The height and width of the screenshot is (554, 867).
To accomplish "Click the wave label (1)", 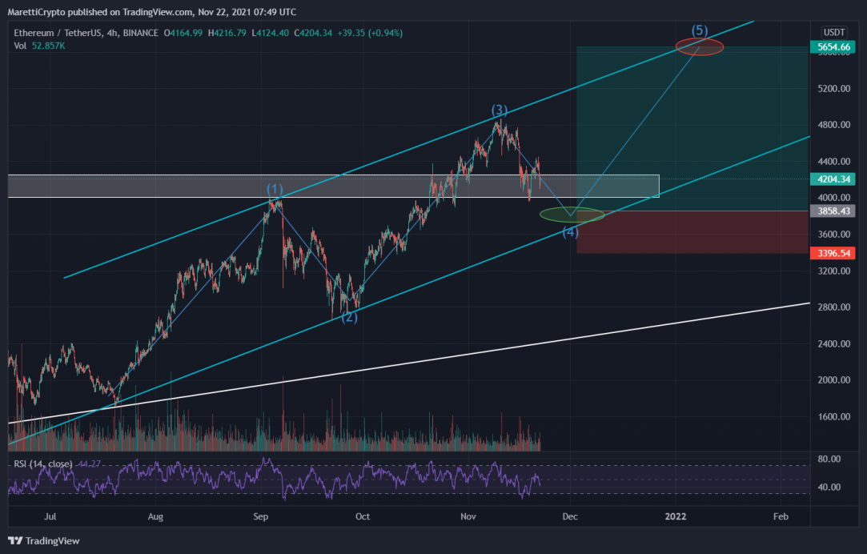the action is pos(275,189).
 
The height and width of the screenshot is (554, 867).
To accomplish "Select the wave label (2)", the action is pos(349,317).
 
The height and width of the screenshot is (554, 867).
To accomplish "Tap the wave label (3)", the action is pos(500,110).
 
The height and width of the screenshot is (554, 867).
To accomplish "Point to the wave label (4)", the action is pos(570,231).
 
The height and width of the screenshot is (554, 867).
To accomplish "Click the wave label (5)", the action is pos(700,30).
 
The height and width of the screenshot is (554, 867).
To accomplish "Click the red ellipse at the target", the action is pos(700,47).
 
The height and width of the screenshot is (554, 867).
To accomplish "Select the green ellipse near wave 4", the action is pos(572,215).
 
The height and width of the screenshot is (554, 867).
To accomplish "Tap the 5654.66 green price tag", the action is pos(832,47).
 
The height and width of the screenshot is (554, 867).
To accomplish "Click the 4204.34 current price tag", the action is pos(832,179).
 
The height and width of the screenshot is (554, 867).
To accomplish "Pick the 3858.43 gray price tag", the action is pos(832,211).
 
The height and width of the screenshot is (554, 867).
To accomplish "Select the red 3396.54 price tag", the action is pos(832,253).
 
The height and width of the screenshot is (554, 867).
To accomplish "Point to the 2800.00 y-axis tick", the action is pos(834,307).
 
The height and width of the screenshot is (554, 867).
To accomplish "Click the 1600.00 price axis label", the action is pos(834,416).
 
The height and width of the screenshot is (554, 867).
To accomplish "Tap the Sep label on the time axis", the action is pos(260,516).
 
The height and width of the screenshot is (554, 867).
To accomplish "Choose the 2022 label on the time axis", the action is pos(675,516).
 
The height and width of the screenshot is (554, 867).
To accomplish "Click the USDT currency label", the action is pos(834,32).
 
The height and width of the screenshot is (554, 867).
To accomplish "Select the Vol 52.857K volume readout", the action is pos(39,46).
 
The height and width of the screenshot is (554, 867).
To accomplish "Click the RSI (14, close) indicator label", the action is pos(43,464).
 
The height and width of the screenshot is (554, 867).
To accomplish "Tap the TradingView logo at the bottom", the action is pos(44,540).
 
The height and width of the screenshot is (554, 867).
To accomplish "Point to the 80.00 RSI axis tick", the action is pos(829,459).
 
